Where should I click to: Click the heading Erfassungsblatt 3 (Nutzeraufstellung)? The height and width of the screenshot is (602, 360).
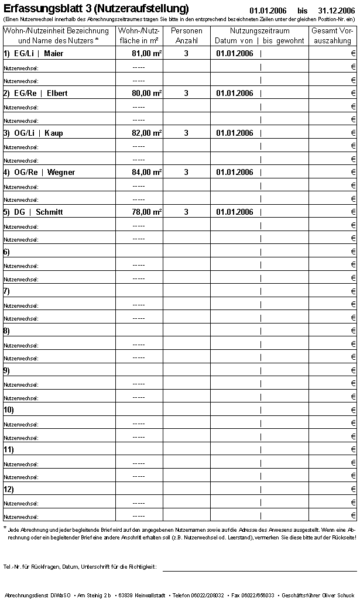tap(96, 9)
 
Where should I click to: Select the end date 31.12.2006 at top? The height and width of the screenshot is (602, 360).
tap(337, 11)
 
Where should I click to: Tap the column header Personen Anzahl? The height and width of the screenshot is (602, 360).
tap(186, 36)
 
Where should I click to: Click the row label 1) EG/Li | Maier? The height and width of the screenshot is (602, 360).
tap(33, 54)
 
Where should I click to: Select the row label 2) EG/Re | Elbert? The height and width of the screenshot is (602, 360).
tap(35, 94)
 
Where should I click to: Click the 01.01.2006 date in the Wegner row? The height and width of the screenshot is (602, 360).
tap(235, 173)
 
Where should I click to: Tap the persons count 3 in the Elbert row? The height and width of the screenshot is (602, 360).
tap(186, 94)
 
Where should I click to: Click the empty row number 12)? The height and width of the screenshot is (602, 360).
tap(9, 489)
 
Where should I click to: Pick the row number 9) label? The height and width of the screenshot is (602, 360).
tap(7, 370)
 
